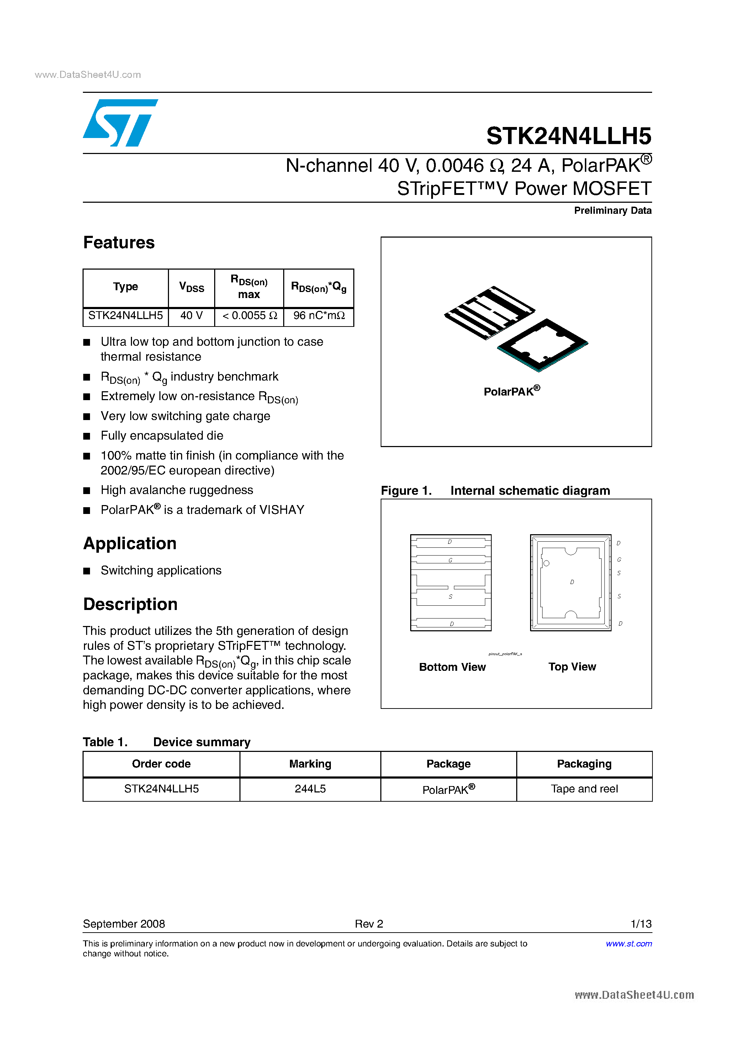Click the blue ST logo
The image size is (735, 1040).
tap(119, 123)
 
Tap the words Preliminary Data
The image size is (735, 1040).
tap(612, 211)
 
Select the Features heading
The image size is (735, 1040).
tap(119, 243)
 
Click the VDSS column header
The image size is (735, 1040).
tap(191, 287)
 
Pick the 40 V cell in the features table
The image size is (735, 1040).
tap(191, 316)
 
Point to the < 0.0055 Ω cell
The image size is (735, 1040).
tap(249, 316)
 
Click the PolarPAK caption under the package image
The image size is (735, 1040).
tap(512, 391)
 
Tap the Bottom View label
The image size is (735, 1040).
tap(452, 667)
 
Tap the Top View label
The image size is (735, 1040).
tap(572, 667)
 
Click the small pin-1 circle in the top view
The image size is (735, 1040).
tap(546, 563)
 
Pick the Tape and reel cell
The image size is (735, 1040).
tap(584, 789)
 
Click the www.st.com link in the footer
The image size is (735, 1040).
tap(629, 944)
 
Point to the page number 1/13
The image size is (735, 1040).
tap(641, 924)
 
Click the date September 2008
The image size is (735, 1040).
tap(124, 924)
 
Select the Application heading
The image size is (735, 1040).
tap(129, 543)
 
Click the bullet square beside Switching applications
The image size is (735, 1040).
tap(87, 571)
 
